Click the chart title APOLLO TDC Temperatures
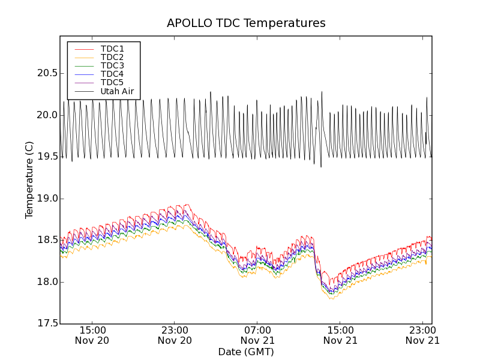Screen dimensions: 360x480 (x=246, y=23)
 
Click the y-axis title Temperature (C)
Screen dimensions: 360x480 (x=29, y=180)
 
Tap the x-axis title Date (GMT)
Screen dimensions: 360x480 (x=246, y=352)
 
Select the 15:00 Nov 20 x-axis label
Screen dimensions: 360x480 (x=92, y=335)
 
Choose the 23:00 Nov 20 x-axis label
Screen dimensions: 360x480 (x=175, y=335)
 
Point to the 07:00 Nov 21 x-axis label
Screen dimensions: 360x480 (x=258, y=335)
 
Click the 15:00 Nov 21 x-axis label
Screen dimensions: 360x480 (x=341, y=335)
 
